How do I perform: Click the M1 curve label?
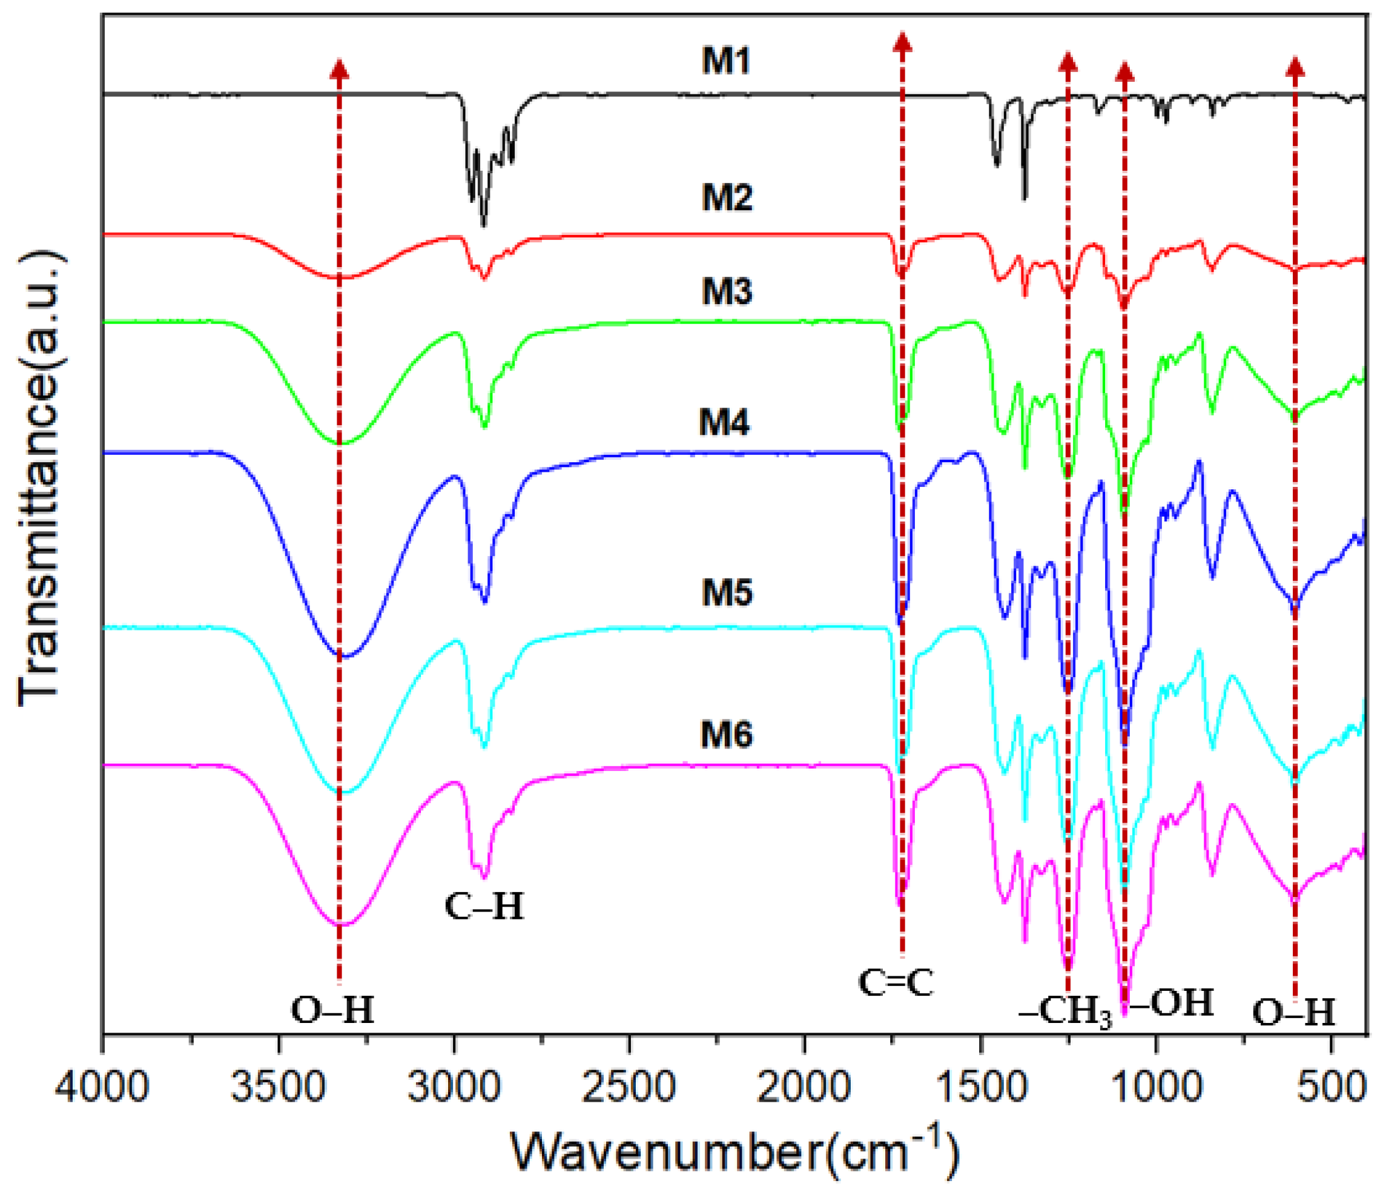(726, 62)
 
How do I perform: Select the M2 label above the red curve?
(727, 199)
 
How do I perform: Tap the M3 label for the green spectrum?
(727, 292)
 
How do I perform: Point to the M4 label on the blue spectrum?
(725, 423)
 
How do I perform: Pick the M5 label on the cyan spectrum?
(727, 592)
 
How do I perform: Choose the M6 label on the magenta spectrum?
(726, 734)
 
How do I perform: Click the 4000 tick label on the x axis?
(102, 1089)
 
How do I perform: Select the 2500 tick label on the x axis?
(629, 1089)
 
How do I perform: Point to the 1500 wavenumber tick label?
(980, 1089)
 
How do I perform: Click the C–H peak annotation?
(484, 908)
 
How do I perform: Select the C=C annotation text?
(896, 984)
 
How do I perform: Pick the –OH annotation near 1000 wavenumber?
(1172, 1004)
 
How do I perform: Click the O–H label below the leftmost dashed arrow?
(332, 1011)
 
